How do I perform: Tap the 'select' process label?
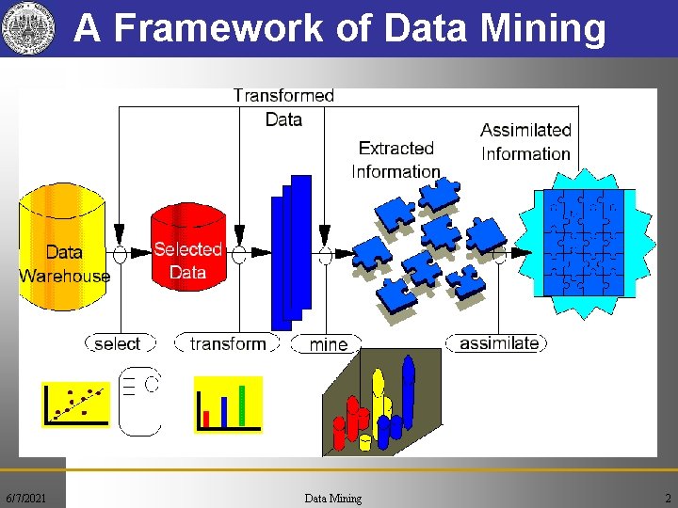(x=117, y=344)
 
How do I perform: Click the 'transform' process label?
(x=228, y=344)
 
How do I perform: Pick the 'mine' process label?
(x=328, y=345)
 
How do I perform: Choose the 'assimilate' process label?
(x=498, y=343)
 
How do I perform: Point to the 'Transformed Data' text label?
(x=283, y=107)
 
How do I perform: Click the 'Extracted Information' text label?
(x=395, y=160)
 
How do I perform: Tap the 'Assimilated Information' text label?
(x=525, y=142)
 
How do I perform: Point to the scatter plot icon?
(x=75, y=403)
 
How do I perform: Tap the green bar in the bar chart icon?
(x=243, y=405)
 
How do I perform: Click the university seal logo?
(x=24, y=28)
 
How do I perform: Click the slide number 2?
(x=667, y=498)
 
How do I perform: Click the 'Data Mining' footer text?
(x=332, y=498)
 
